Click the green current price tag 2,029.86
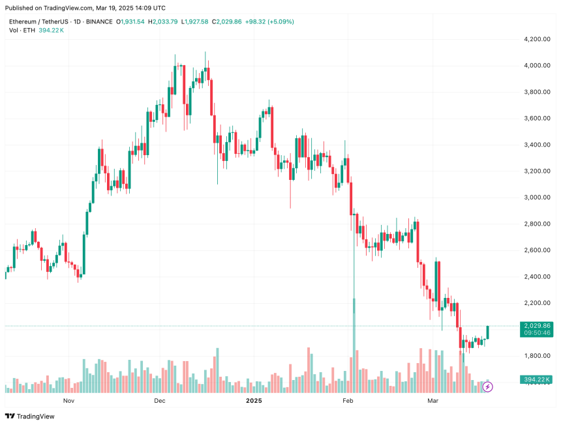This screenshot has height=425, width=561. [538, 325]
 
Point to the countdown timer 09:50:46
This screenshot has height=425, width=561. [538, 332]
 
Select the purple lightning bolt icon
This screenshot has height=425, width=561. [487, 387]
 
